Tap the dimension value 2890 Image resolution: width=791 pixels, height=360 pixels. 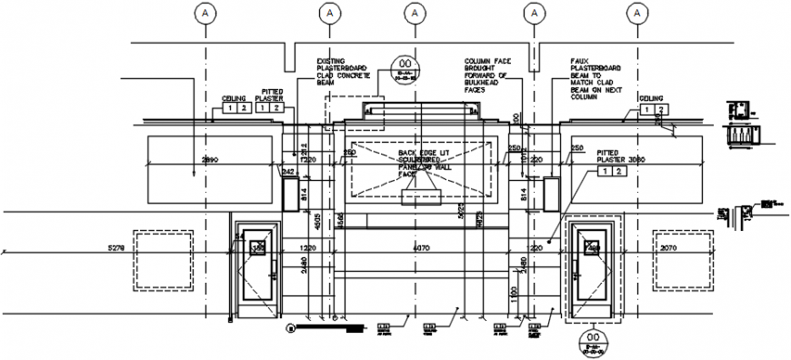click(x=210, y=159)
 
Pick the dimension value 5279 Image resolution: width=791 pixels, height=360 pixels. click(x=115, y=246)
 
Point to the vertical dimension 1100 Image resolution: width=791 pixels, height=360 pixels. click(x=514, y=295)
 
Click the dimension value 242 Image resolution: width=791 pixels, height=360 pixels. click(x=288, y=170)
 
